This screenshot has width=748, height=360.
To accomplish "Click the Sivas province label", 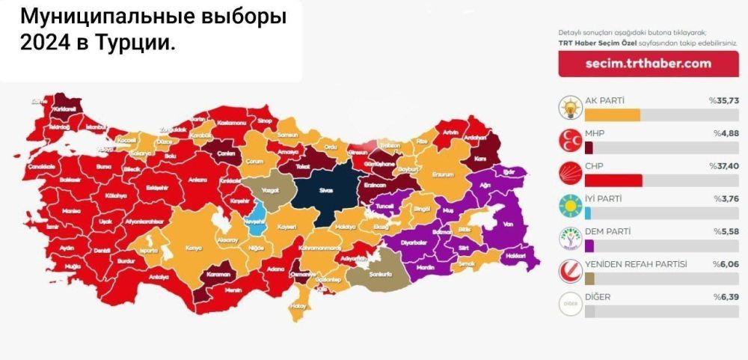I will pos(325,190).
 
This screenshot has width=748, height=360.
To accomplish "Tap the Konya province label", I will pos(193,248).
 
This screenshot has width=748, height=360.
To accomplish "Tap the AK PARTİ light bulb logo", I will pos(570,109).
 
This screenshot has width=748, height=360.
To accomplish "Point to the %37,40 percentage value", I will pos(723,165).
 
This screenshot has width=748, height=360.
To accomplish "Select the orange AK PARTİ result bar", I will pos(612,115).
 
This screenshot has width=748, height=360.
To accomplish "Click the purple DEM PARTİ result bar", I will pos(589,245).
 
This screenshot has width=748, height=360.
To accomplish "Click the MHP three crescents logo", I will pos(570,141).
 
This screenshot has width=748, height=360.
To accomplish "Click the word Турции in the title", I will pos(131,44).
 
